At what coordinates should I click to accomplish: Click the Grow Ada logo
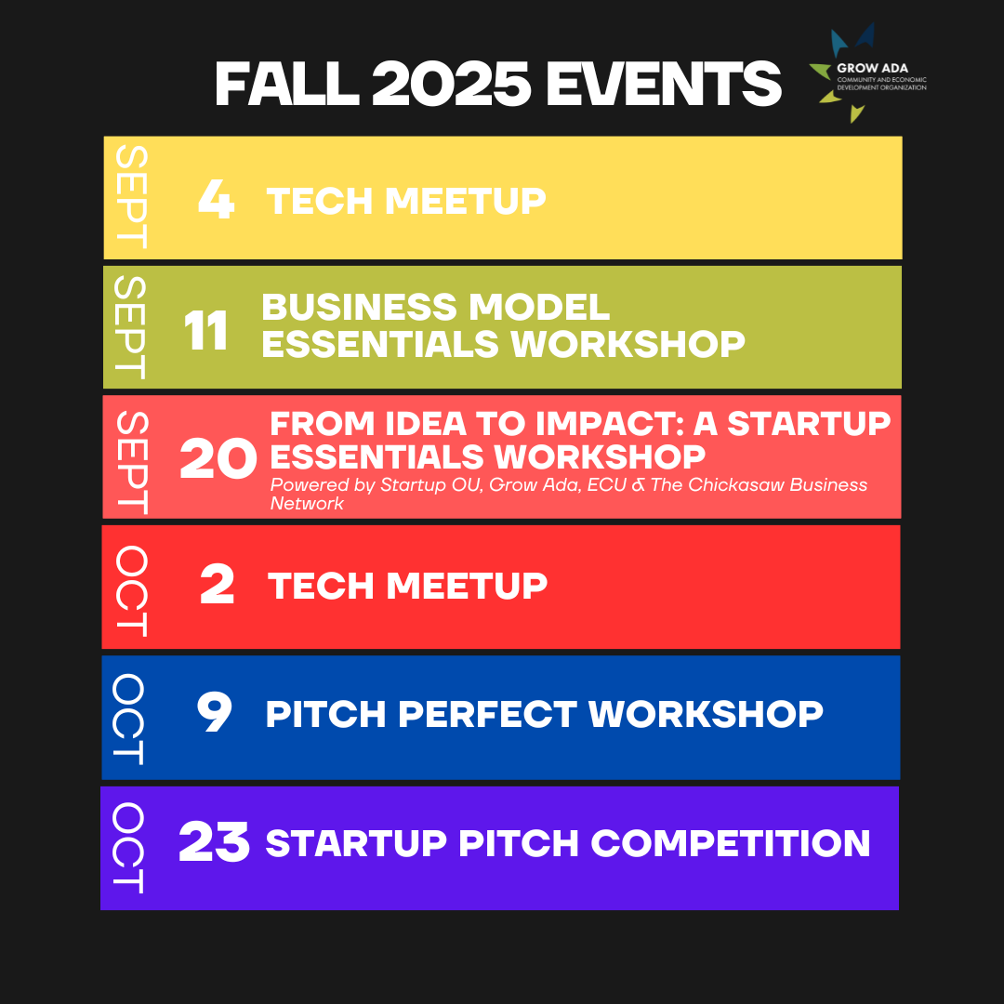(x=867, y=73)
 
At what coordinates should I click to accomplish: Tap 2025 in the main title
(x=451, y=84)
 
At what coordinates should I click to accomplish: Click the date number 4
(x=217, y=199)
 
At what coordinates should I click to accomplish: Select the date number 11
(x=205, y=330)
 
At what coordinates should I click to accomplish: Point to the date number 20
(x=218, y=458)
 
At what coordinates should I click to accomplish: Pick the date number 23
(x=214, y=841)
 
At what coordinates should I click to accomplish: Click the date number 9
(x=215, y=713)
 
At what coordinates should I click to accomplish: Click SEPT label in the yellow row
(x=131, y=196)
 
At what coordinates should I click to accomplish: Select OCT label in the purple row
(x=128, y=848)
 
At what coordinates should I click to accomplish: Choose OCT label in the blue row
(x=128, y=719)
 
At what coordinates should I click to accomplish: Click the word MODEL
(x=539, y=307)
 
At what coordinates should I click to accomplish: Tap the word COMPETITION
(x=731, y=842)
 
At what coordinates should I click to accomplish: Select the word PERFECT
(x=487, y=714)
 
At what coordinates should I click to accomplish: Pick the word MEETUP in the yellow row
(x=466, y=201)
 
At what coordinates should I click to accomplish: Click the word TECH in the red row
(x=321, y=586)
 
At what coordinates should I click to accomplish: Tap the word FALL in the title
(x=286, y=84)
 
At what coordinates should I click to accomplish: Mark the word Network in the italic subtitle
(x=307, y=503)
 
